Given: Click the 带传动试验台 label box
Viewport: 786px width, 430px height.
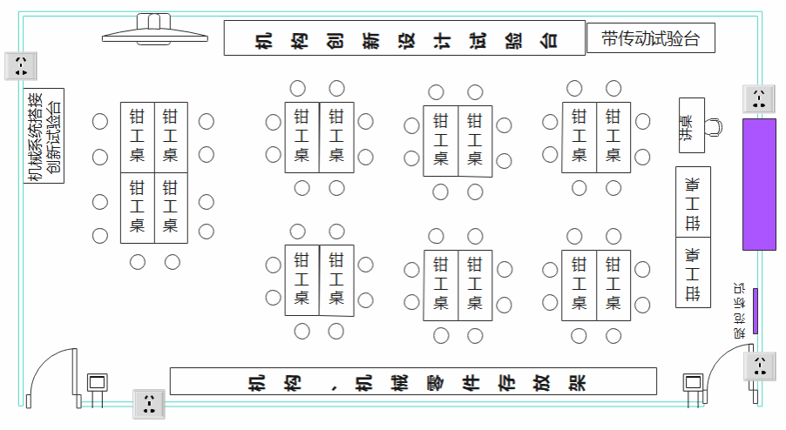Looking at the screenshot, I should pyautogui.click(x=650, y=38).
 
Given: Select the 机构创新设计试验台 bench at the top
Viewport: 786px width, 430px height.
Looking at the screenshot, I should pyautogui.click(x=403, y=39).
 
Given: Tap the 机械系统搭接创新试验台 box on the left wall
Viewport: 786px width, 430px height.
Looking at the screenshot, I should pyautogui.click(x=44, y=135).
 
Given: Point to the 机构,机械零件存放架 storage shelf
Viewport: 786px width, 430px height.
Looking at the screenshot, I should pyautogui.click(x=413, y=381).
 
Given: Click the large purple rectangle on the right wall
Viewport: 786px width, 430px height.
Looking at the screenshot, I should pyautogui.click(x=758, y=185).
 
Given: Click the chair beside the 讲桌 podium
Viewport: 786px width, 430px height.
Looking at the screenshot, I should pyautogui.click(x=714, y=127).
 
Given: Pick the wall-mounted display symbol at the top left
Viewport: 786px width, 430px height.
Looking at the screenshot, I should pyautogui.click(x=154, y=30).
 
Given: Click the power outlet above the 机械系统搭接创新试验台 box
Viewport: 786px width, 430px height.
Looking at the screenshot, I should pyautogui.click(x=19, y=65).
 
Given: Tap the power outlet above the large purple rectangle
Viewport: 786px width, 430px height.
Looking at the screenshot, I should pyautogui.click(x=758, y=98).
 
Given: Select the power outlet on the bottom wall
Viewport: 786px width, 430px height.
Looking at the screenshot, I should pyautogui.click(x=148, y=404).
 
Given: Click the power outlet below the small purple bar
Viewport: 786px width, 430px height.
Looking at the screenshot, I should pyautogui.click(x=758, y=366).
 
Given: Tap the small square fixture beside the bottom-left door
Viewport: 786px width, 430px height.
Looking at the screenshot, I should pyautogui.click(x=97, y=384).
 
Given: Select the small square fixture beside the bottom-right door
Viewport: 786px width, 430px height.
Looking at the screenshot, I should pyautogui.click(x=693, y=384).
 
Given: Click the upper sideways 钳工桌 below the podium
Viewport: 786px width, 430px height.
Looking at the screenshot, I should pyautogui.click(x=693, y=201).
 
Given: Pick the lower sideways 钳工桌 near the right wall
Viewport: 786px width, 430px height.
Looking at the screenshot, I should pyautogui.click(x=693, y=272).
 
